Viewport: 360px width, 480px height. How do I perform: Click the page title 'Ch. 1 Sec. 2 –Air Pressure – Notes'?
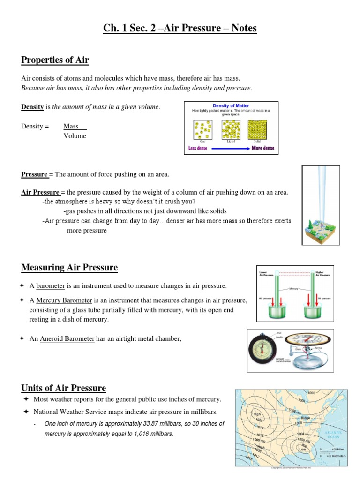(180, 28)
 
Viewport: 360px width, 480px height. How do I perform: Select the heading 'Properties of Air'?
(55, 60)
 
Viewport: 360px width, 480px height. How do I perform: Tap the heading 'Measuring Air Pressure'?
(69, 268)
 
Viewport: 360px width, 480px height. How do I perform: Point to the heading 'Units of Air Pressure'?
(64, 388)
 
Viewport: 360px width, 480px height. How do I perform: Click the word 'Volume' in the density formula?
(75, 136)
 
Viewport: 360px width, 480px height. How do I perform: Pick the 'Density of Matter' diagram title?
(231, 106)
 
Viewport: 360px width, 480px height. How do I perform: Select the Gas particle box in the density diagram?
(202, 129)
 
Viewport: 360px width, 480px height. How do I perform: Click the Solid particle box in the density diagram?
(257, 129)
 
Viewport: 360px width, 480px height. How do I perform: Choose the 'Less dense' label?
(198, 148)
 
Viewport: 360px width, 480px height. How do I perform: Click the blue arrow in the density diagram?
(229, 148)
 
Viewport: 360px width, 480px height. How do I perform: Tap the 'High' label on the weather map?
(257, 414)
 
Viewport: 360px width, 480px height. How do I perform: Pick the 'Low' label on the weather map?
(304, 449)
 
